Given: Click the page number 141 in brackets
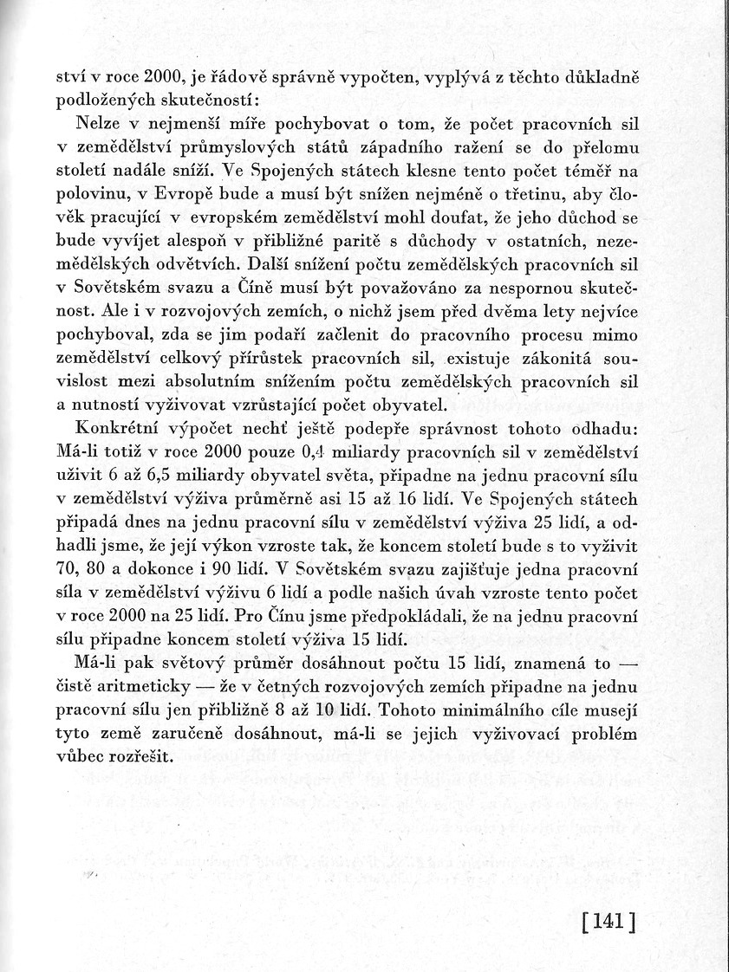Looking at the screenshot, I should [609, 917].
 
